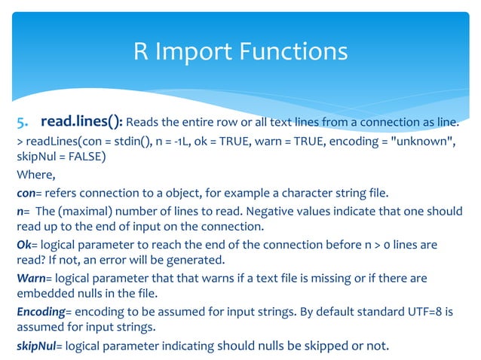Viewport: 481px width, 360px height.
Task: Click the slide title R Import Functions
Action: coord(240,51)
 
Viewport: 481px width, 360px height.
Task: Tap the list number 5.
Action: coord(23,122)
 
